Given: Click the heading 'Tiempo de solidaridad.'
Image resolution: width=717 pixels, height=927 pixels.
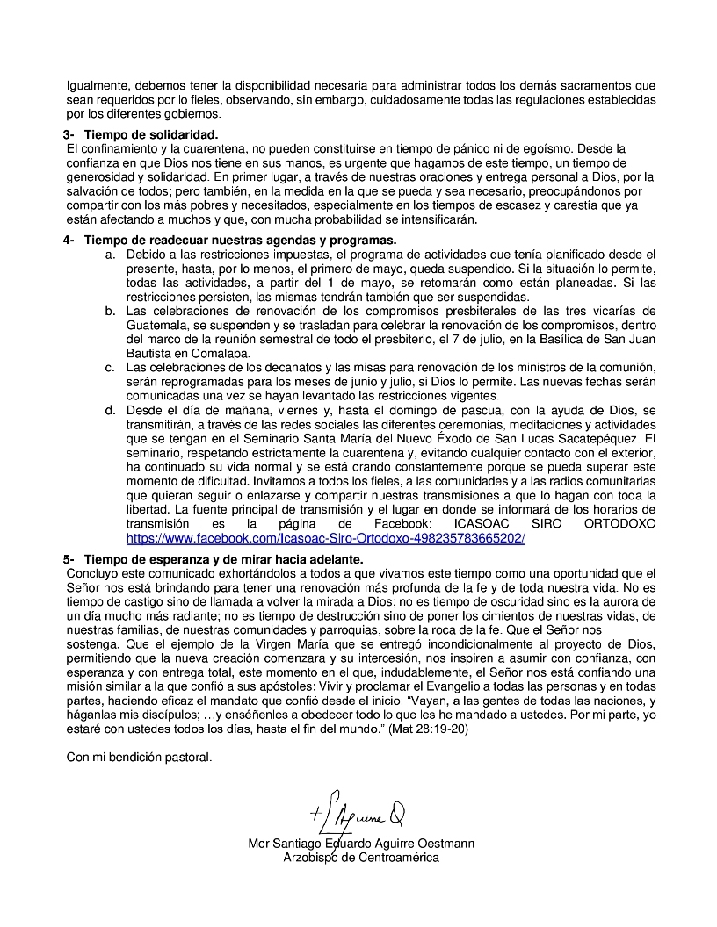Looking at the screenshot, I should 150,134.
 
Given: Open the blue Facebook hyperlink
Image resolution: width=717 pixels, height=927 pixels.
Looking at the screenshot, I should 325,538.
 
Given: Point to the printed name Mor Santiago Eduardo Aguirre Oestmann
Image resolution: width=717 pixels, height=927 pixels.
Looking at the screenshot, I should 361,844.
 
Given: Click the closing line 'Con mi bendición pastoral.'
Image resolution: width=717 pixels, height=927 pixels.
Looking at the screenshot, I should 140,757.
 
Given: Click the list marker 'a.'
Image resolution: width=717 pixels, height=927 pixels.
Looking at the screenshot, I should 110,255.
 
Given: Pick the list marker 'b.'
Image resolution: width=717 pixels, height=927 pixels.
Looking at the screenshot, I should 110,311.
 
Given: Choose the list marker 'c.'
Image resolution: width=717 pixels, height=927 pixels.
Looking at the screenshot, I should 110,368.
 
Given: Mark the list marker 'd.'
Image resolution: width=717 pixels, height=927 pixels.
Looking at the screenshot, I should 110,410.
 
